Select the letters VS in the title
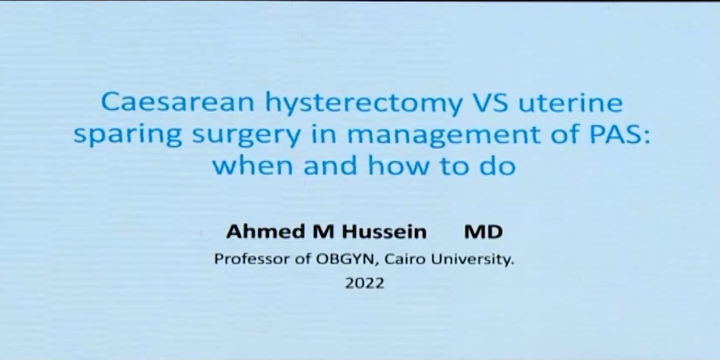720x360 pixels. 491,102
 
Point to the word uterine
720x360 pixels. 570,102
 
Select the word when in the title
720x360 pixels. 253,166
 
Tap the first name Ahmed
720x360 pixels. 265,232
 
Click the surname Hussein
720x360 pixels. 384,232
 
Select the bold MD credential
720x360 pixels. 483,232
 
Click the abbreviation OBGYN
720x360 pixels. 345,259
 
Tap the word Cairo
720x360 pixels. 405,259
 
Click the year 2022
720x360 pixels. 365,283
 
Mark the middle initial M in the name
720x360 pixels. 323,232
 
